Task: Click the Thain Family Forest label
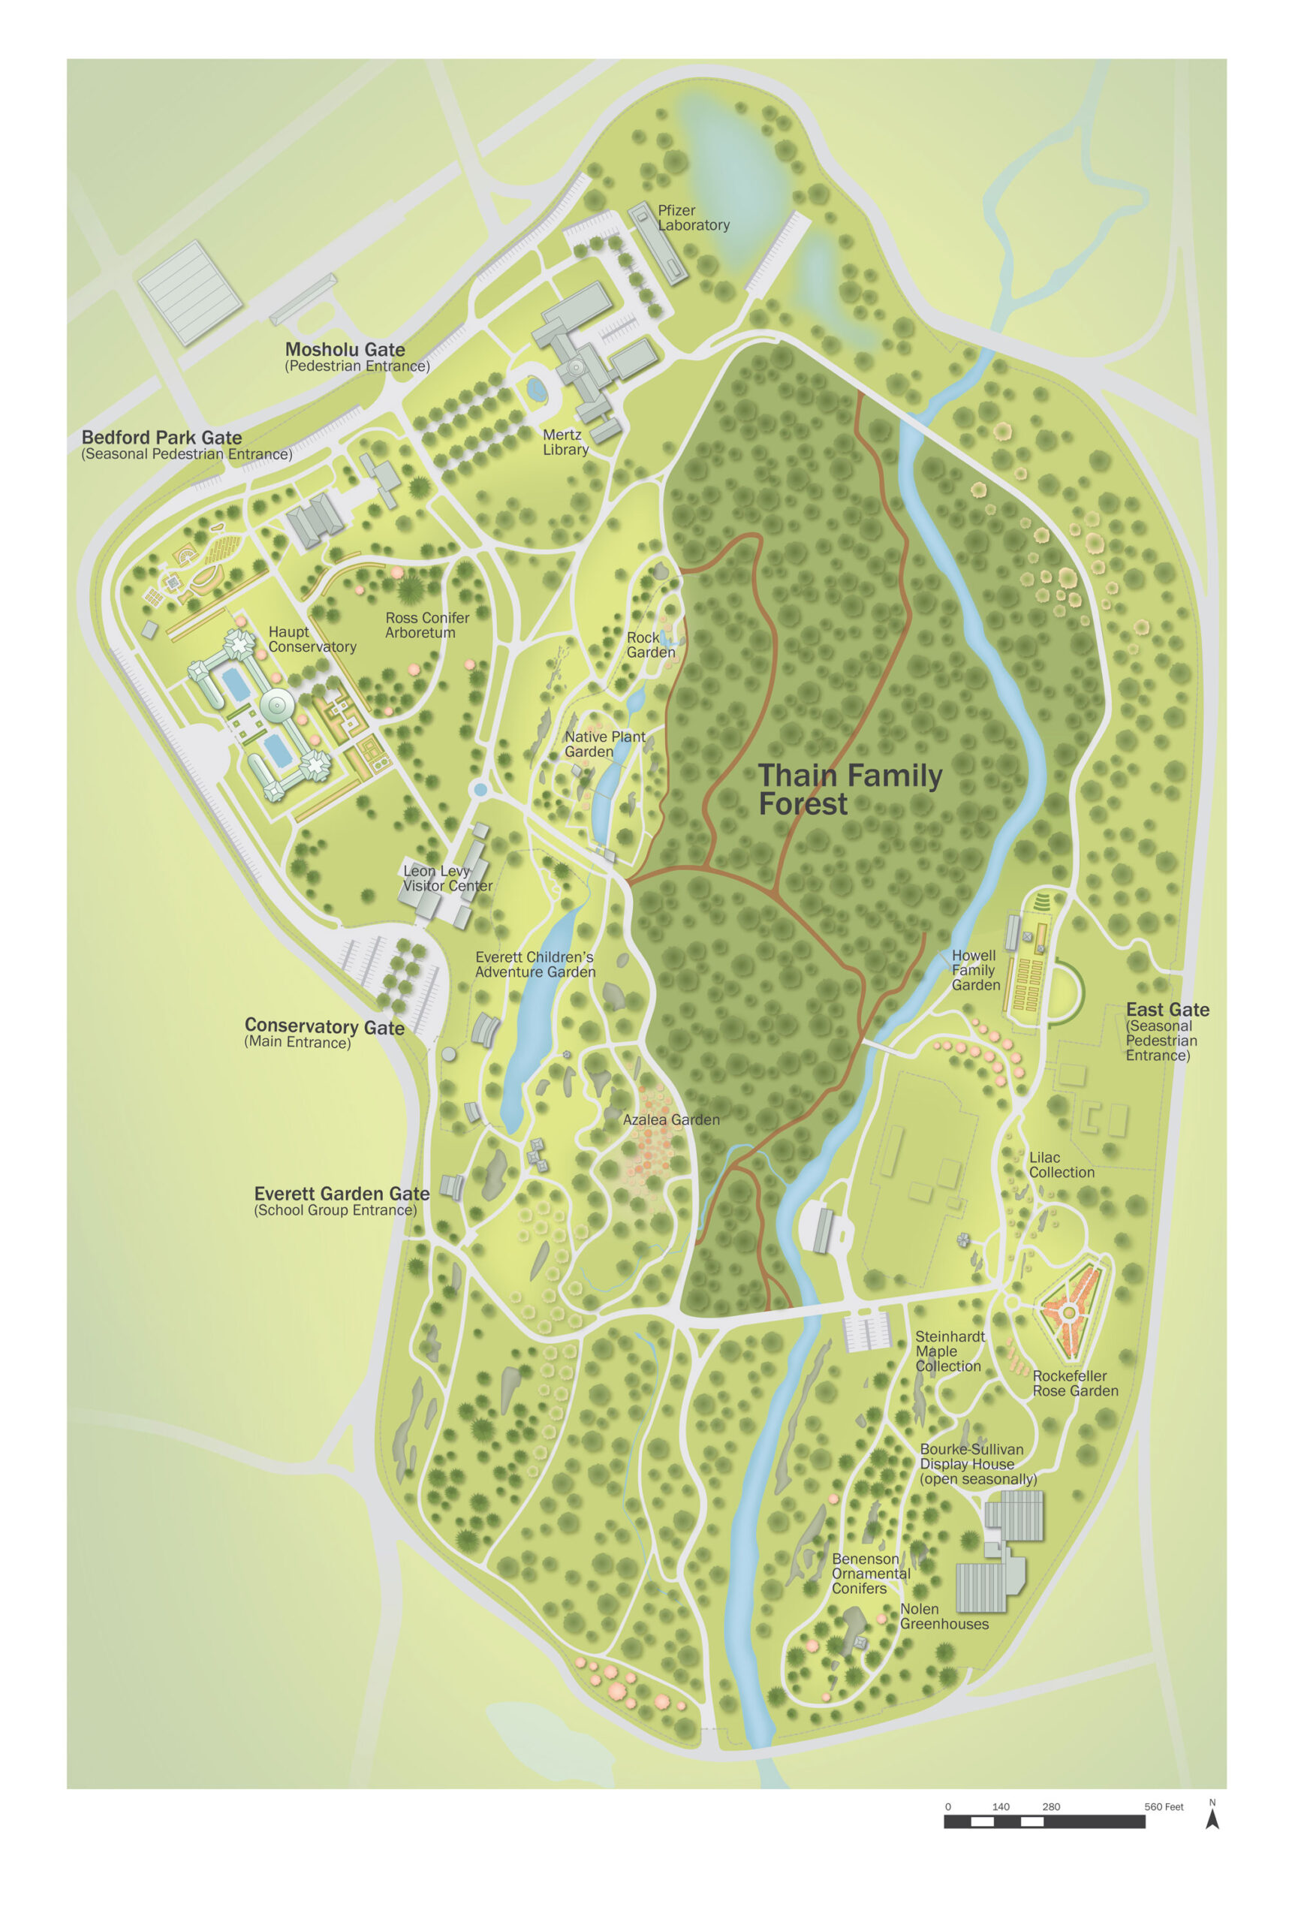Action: pos(849,789)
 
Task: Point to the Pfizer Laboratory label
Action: pos(692,218)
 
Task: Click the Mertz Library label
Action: pos(565,442)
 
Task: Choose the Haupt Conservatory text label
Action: pos(312,639)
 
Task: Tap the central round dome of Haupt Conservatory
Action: pos(277,705)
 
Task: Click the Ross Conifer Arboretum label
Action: pos(426,625)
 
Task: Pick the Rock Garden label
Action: pos(650,644)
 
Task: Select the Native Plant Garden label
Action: pos(604,744)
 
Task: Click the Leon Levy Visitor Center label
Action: pos(447,878)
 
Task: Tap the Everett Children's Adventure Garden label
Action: pos(535,964)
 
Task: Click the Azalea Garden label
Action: pos(671,1119)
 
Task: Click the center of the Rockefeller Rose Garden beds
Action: pos(1068,1313)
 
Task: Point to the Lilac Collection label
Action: pos(1061,1165)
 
